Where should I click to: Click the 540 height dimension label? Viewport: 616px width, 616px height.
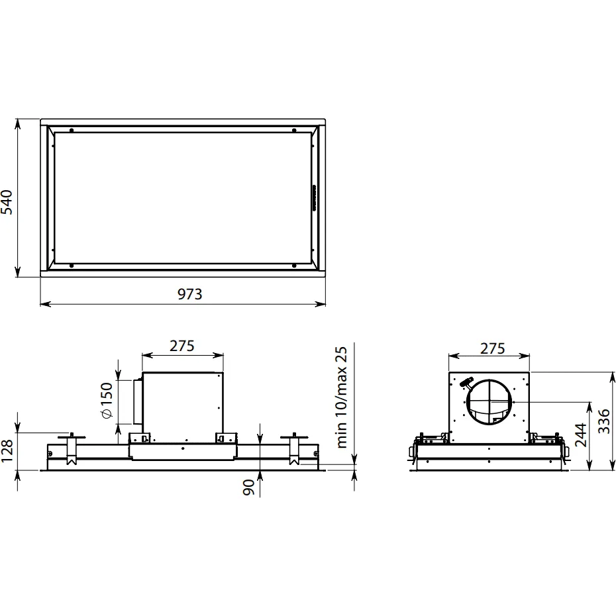[7, 202]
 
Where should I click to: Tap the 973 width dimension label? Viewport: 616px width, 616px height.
[189, 294]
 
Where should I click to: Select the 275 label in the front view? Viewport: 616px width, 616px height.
[182, 346]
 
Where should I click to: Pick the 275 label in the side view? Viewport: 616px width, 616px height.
[492, 348]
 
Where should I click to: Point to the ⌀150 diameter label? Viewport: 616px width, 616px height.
[107, 400]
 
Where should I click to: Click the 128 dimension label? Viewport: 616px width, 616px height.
[7, 450]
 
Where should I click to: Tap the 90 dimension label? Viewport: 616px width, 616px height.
[248, 488]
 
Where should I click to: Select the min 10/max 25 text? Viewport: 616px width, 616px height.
[342, 397]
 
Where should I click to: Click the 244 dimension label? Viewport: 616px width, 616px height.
[581, 435]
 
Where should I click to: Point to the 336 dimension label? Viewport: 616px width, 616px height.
[604, 421]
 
